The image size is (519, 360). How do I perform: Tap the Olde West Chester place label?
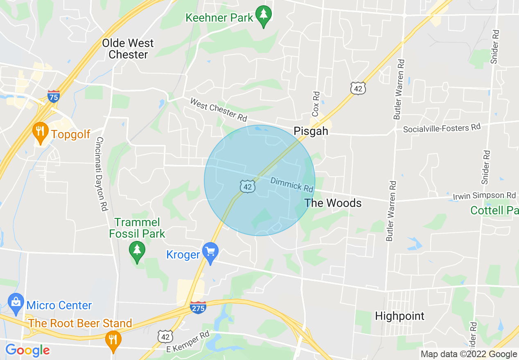tap(128, 49)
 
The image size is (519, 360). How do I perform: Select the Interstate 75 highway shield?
tap(54, 96)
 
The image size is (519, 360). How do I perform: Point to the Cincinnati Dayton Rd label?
tap(101, 173)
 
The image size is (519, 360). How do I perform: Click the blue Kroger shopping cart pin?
tap(211, 253)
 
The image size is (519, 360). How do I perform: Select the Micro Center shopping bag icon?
tap(16, 303)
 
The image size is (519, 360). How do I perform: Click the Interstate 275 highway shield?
tap(198, 307)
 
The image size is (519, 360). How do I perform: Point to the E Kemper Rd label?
tap(188, 342)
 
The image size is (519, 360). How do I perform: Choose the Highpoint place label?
tap(400, 316)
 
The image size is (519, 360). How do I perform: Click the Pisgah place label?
tap(311, 131)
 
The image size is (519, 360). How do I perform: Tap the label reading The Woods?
tap(333, 203)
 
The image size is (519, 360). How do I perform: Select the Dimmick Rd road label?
tap(291, 184)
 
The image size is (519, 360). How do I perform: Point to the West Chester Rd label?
tap(219, 109)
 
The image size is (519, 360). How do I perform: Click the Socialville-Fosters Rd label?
tap(442, 128)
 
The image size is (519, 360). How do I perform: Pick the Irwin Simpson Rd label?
tap(484, 196)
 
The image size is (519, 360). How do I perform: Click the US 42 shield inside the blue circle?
tap(247, 187)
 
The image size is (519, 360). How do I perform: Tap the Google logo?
tap(27, 351)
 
